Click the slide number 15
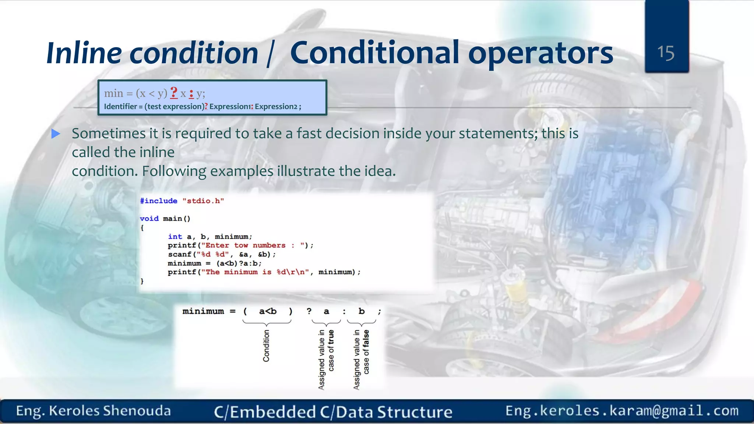point(666,53)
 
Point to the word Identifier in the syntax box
point(120,107)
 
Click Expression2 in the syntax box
point(276,107)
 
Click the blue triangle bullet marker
point(56,134)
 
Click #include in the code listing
point(159,201)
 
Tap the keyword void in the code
point(149,219)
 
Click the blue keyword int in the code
point(175,237)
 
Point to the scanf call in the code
point(180,254)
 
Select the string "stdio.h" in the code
point(203,201)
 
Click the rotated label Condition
point(266,346)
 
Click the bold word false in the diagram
point(366,339)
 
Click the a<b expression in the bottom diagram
point(268,311)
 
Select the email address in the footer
point(622,410)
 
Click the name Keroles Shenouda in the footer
point(110,411)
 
